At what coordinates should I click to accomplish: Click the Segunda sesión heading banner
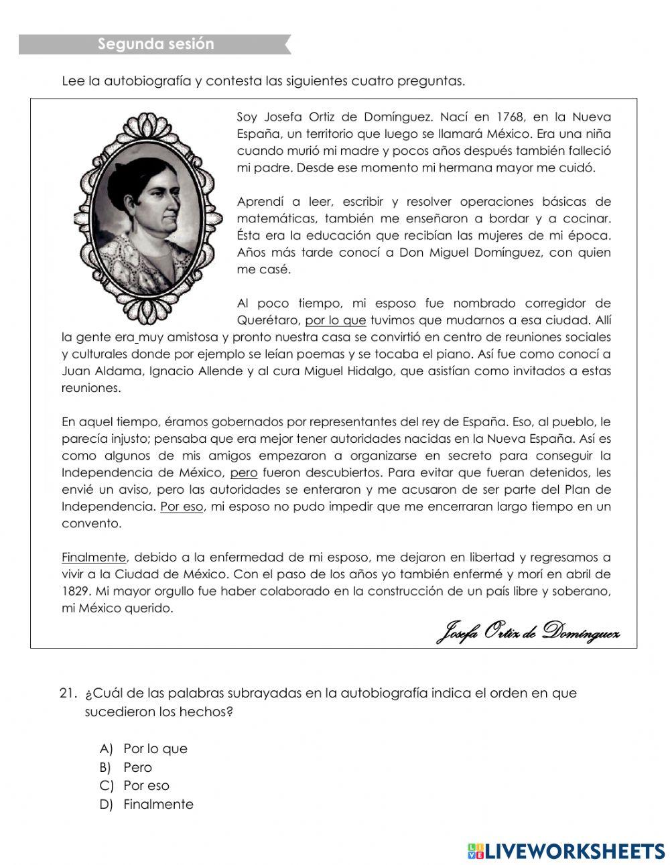click(155, 44)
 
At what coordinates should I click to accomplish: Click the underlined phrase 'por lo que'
click(335, 320)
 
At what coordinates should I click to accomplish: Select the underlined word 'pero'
click(243, 472)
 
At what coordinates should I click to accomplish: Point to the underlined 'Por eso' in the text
click(182, 507)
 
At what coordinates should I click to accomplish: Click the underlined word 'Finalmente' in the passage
click(94, 557)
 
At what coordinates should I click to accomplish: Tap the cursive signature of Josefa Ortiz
click(528, 631)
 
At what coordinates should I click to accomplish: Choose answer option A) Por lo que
click(155, 748)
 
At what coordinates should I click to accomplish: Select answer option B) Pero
click(137, 767)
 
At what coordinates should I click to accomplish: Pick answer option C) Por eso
click(146, 785)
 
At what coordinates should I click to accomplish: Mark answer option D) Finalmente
click(158, 804)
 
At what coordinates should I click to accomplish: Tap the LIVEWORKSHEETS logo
click(565, 850)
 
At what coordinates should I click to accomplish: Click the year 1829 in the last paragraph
click(76, 591)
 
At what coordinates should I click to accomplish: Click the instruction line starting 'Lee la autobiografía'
click(263, 82)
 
